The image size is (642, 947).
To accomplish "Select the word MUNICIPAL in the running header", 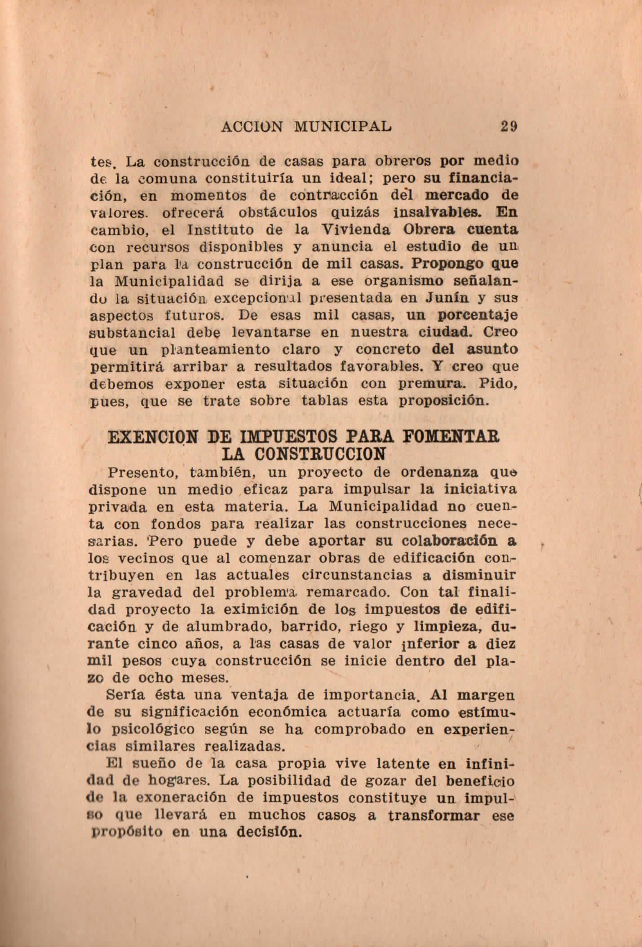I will pyautogui.click(x=342, y=127).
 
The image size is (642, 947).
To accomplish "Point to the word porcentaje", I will pyautogui.click(x=478, y=316).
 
